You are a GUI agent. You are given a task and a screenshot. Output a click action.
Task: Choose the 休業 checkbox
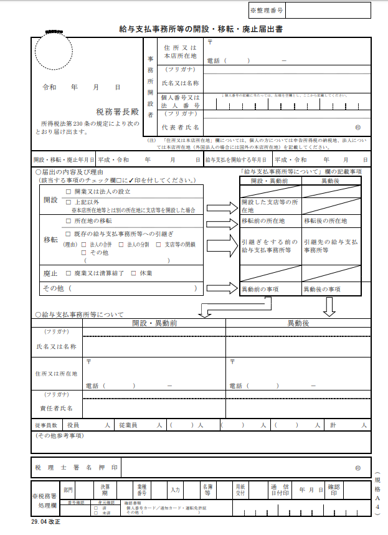tap(134, 273)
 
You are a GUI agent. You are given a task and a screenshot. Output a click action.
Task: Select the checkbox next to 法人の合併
tap(84, 244)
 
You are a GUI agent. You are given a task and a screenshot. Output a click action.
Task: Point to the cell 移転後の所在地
tap(325, 221)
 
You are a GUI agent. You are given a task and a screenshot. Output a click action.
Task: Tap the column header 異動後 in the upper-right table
tap(330, 181)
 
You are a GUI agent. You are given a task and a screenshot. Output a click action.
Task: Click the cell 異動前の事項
tap(260, 290)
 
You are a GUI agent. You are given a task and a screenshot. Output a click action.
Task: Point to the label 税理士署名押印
tap(76, 466)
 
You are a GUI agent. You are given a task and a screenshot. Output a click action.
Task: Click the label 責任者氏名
tap(57, 408)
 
